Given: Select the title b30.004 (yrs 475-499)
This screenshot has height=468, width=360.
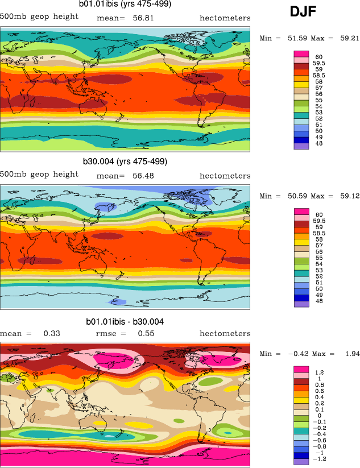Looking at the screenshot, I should click(x=126, y=161).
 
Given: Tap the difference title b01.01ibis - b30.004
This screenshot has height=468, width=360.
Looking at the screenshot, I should click(x=125, y=322).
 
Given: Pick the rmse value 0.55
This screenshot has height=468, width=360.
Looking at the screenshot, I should click(x=146, y=333).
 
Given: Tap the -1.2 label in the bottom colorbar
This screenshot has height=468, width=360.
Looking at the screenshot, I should click(x=320, y=458).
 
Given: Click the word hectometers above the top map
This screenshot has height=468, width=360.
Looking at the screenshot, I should click(x=225, y=18).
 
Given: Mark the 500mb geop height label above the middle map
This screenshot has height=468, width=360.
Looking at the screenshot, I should click(x=39, y=174).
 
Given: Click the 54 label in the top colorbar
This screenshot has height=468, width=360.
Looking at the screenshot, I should click(x=318, y=107).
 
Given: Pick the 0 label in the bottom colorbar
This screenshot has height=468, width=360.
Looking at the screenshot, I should click(x=316, y=416).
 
